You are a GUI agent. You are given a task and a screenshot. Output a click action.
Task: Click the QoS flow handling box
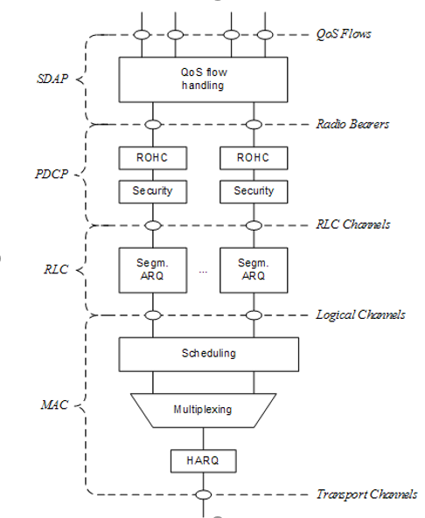click(202, 79)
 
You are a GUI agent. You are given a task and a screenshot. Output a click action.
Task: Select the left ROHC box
click(153, 158)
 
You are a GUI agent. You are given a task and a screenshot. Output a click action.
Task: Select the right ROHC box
click(254, 158)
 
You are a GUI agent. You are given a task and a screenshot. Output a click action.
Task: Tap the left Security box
click(153, 190)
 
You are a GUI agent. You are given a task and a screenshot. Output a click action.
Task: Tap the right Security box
click(254, 190)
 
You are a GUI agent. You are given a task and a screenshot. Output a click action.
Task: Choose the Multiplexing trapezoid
click(202, 409)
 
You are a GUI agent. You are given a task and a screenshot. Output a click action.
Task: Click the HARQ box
click(202, 459)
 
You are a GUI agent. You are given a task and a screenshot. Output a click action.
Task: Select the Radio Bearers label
click(352, 124)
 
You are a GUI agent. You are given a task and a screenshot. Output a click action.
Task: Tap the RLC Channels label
click(352, 224)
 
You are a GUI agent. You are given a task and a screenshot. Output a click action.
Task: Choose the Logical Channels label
click(359, 314)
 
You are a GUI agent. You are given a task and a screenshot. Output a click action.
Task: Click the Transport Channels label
click(366, 494)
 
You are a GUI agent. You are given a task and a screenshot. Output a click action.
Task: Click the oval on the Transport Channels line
click(203, 494)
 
